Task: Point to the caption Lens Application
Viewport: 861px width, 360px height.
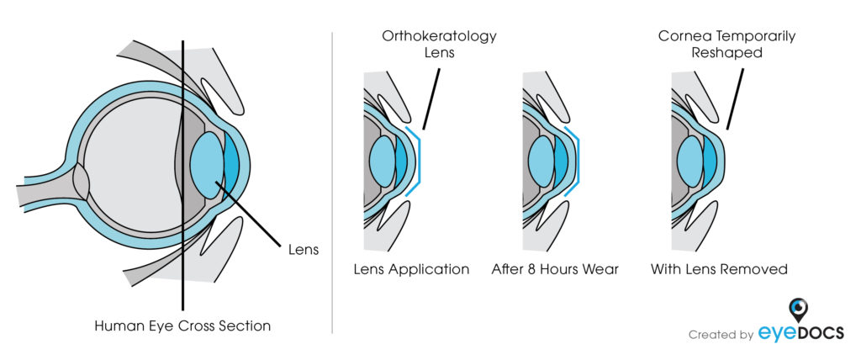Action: point(411,270)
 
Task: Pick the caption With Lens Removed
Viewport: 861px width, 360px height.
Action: point(719,270)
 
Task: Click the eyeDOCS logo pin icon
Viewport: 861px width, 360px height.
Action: point(800,309)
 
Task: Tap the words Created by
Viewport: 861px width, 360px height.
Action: point(721,335)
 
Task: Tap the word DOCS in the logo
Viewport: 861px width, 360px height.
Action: point(821,332)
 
